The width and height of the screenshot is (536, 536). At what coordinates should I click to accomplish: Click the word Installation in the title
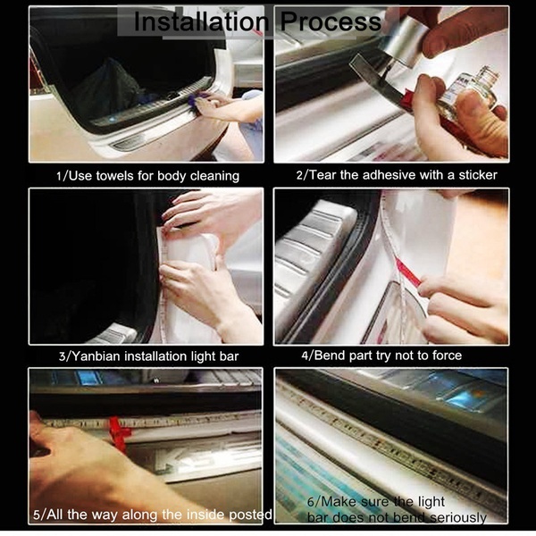pyautogui.click(x=201, y=21)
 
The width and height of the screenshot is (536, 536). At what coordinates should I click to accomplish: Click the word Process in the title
pyautogui.click(x=331, y=22)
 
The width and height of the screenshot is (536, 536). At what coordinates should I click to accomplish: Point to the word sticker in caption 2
pyautogui.click(x=478, y=175)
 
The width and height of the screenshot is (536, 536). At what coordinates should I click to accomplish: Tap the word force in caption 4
pyautogui.click(x=447, y=356)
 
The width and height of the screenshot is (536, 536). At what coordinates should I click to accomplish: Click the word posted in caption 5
pyautogui.click(x=250, y=515)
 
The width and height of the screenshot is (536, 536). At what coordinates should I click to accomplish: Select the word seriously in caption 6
pyautogui.click(x=457, y=517)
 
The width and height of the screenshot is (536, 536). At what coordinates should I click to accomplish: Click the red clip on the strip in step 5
pyautogui.click(x=120, y=432)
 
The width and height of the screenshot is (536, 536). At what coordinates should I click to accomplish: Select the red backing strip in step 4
pyautogui.click(x=408, y=272)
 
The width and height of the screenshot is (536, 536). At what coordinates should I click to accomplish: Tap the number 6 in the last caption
pyautogui.click(x=310, y=502)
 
